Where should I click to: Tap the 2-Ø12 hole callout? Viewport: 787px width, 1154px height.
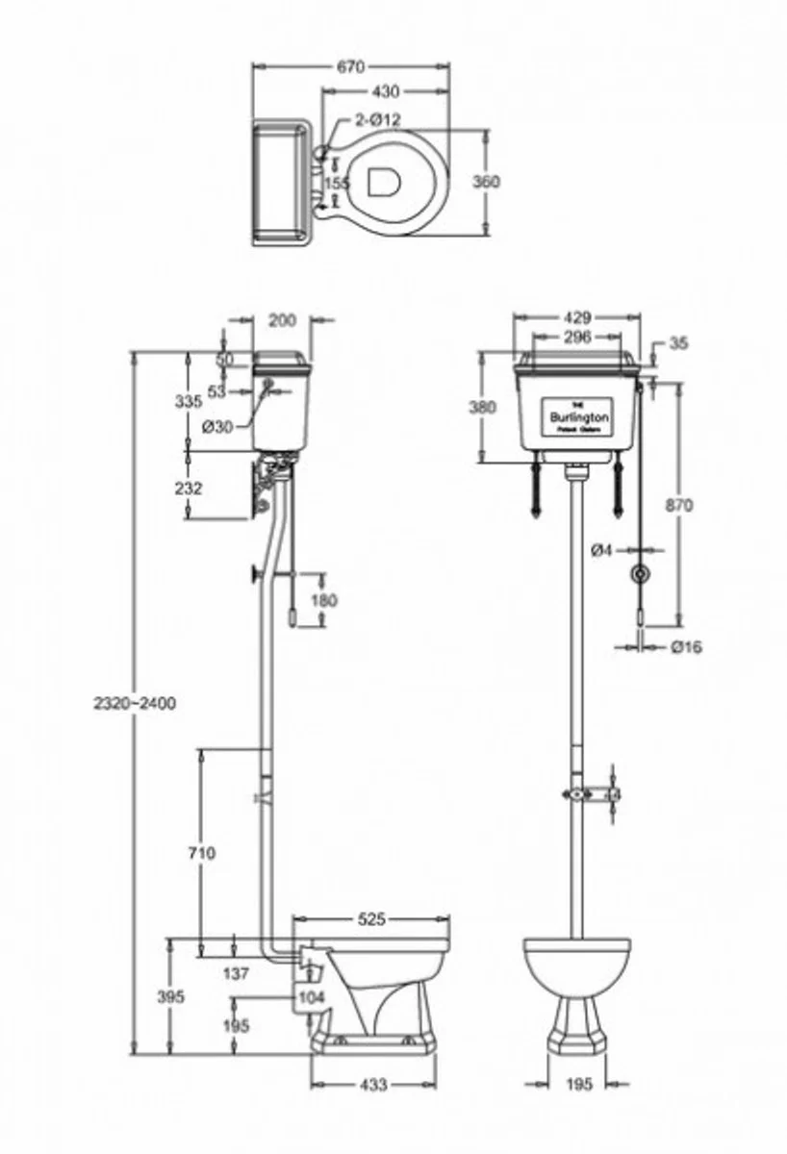(377, 119)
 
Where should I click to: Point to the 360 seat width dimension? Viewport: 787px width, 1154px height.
(487, 183)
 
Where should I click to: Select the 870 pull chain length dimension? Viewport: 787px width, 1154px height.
(678, 505)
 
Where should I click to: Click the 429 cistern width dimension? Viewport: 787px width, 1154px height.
(578, 316)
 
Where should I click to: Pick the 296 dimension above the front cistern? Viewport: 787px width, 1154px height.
(577, 337)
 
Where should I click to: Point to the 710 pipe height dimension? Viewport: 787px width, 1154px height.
(202, 851)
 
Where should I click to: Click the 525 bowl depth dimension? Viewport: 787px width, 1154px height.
(371, 919)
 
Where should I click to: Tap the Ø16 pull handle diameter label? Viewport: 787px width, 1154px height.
(687, 647)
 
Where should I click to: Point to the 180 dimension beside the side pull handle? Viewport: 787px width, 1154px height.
(325, 600)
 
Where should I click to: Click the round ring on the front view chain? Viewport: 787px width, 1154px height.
(638, 576)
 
